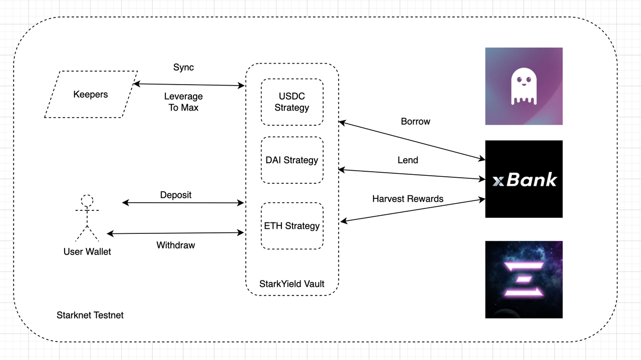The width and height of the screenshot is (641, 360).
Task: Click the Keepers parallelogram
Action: [91, 94]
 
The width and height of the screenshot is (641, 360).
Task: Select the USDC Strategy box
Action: [292, 102]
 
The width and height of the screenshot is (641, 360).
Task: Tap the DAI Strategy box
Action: [292, 160]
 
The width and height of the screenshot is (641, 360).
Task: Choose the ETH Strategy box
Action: [292, 226]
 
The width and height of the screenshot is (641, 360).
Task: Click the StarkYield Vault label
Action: [292, 284]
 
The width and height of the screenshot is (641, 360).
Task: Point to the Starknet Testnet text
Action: [90, 315]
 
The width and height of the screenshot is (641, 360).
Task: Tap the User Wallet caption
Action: [87, 251]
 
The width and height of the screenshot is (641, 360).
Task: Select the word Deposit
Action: [176, 195]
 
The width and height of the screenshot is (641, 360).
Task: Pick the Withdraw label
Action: [176, 245]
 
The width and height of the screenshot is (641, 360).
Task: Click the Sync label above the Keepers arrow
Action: [183, 68]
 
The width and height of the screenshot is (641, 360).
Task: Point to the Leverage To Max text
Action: [183, 102]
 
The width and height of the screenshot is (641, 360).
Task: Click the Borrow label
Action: [415, 122]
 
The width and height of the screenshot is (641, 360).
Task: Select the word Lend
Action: [408, 160]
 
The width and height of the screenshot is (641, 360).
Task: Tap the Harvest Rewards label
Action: [408, 199]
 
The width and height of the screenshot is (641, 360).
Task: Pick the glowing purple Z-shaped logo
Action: [524, 279]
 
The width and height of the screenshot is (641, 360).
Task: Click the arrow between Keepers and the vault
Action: [189, 85]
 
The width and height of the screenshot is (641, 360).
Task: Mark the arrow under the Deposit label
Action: [183, 203]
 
